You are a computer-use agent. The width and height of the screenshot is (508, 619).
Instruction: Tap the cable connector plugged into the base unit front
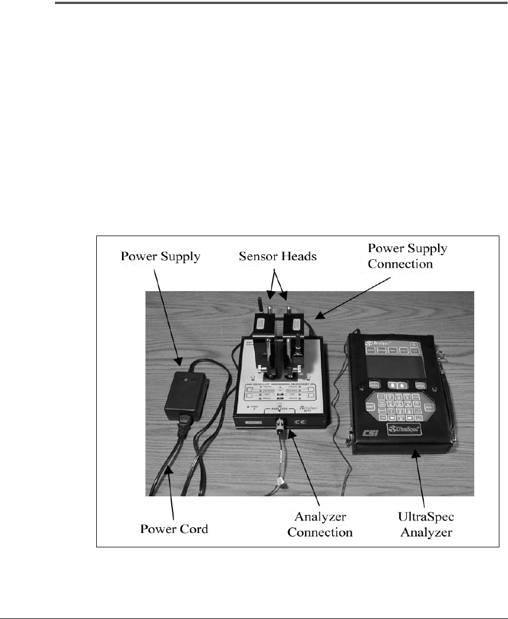tap(281, 428)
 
